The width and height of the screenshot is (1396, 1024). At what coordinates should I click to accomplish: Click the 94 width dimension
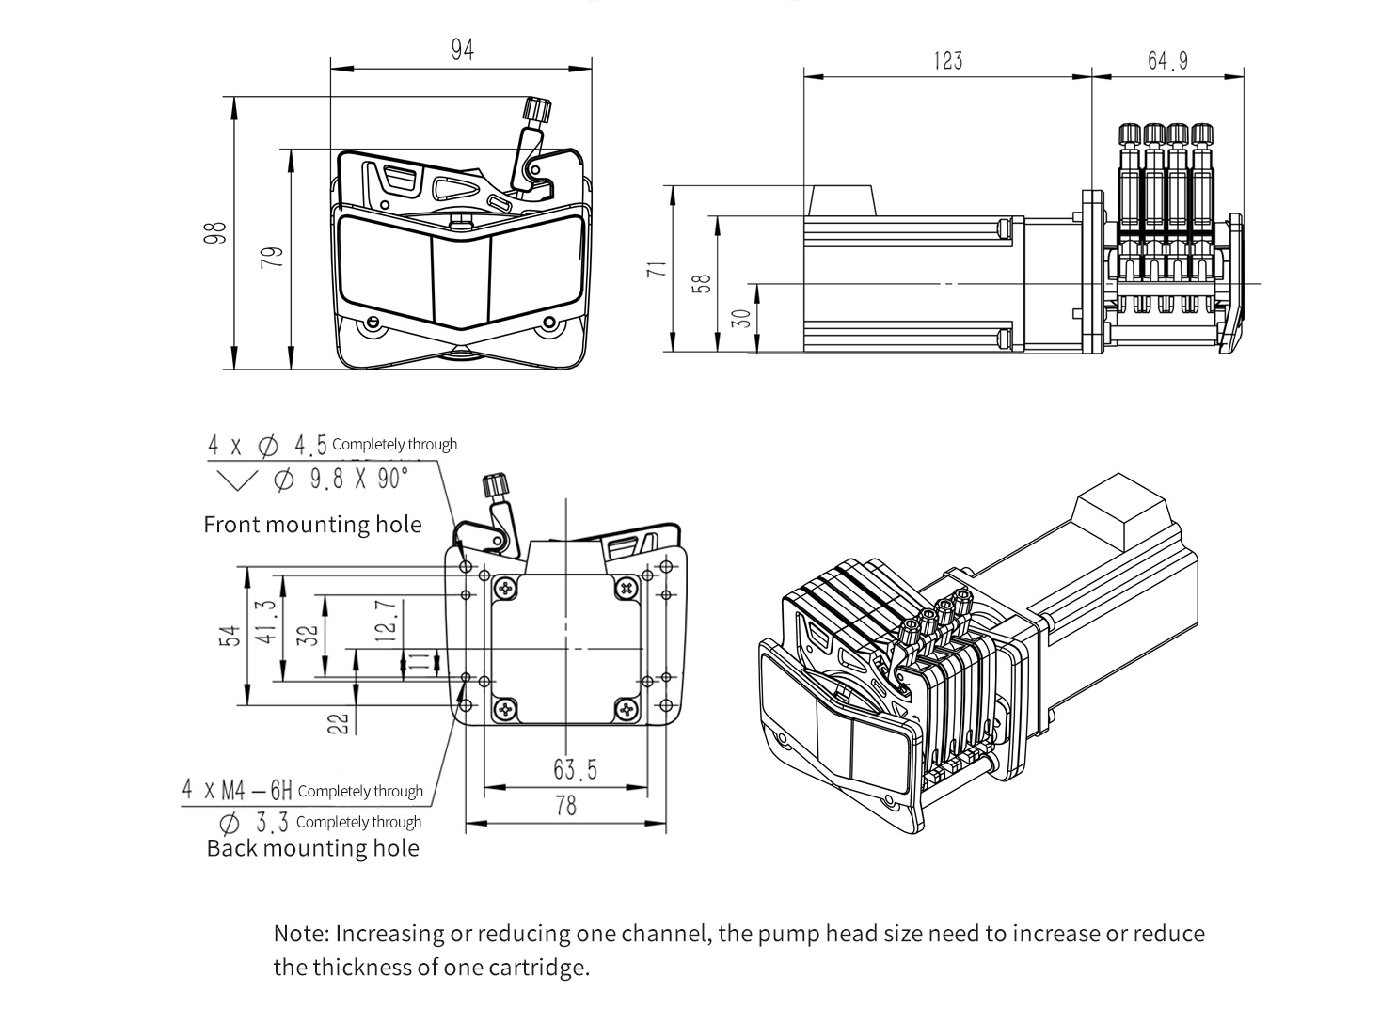point(462,50)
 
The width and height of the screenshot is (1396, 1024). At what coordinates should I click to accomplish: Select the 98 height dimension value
point(217,232)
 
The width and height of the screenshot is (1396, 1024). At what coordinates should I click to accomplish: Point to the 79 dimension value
point(272,257)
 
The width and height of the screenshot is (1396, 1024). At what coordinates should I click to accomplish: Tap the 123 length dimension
point(948,61)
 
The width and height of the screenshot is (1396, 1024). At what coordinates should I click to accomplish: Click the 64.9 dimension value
point(1167,61)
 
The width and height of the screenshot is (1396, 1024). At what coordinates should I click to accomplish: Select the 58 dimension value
point(702,284)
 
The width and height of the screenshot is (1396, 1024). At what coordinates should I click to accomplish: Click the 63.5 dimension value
point(575,770)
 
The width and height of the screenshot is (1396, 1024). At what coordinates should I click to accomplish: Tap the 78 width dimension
point(565,806)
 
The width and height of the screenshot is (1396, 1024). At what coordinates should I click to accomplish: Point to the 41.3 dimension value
point(266,622)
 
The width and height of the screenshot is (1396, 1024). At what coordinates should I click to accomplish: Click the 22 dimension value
point(340,722)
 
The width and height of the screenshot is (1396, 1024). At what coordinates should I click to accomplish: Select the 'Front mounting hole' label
point(312,524)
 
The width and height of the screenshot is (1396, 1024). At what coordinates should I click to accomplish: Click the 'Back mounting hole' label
point(312,848)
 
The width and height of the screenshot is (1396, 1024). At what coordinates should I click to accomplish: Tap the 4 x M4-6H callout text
point(238,790)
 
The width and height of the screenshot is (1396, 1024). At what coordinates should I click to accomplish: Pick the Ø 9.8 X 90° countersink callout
point(340,480)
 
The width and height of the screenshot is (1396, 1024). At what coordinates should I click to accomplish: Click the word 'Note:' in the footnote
point(301,934)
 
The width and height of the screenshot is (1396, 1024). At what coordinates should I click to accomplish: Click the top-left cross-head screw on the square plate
point(506,589)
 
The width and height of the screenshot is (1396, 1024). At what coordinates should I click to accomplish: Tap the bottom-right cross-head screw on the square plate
point(626,709)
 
